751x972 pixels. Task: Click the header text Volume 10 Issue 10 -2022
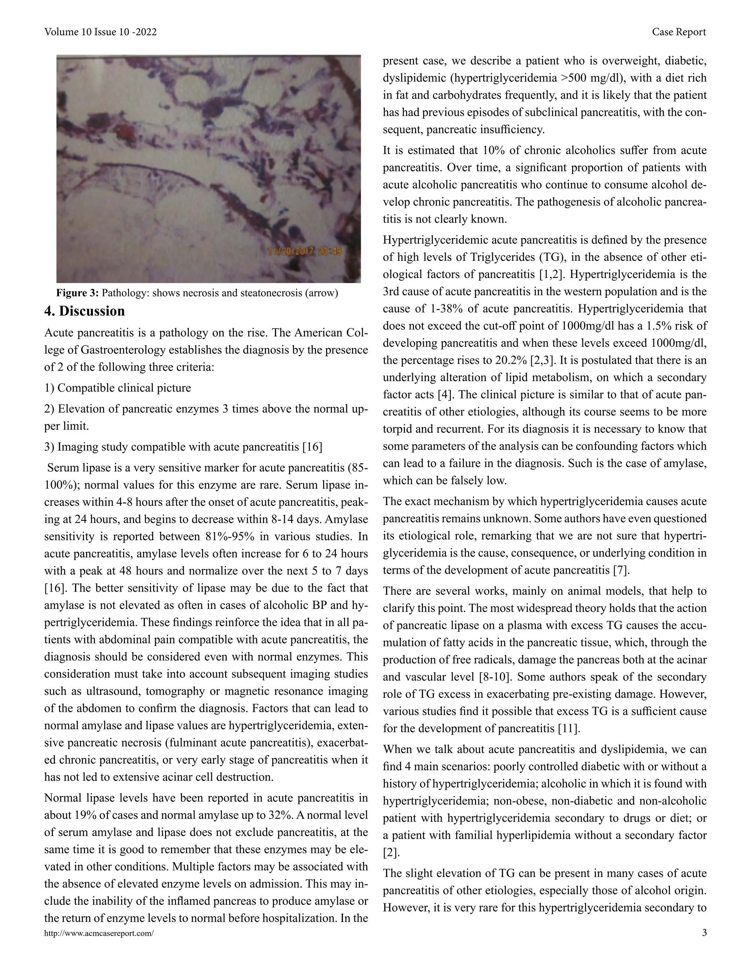[x=100, y=32]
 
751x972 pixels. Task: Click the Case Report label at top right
[x=678, y=32]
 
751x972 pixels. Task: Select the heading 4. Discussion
[x=85, y=311]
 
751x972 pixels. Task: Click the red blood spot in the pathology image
[x=124, y=132]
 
